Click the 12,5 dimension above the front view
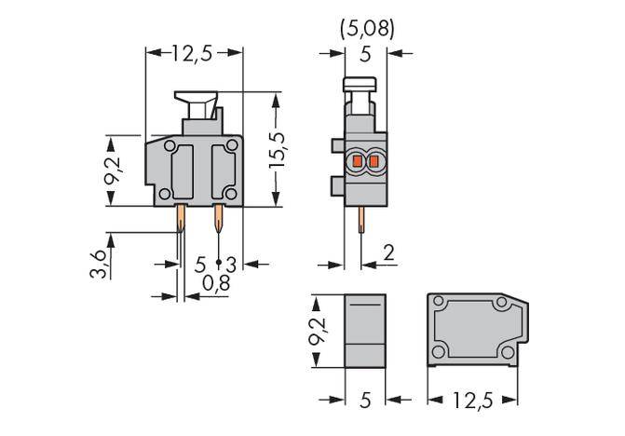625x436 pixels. (x=193, y=53)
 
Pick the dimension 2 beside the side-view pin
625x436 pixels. (x=389, y=252)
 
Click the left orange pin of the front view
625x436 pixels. (x=182, y=221)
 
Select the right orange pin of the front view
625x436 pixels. (x=218, y=221)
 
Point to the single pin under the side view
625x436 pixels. (x=360, y=224)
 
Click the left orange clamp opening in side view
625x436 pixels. (x=355, y=164)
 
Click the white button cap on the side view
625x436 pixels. (x=360, y=87)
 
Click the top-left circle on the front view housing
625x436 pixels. (x=169, y=146)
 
